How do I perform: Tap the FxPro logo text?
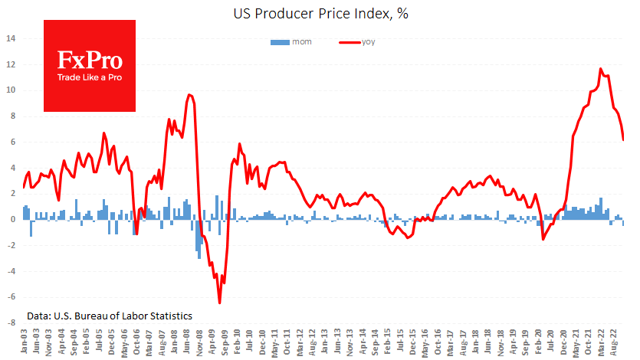click(x=89, y=61)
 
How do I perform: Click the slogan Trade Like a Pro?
click(x=89, y=77)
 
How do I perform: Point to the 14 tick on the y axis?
click(x=11, y=38)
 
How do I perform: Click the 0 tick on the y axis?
click(x=14, y=220)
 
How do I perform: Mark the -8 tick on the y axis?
click(x=11, y=323)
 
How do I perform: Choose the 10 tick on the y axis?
click(x=11, y=90)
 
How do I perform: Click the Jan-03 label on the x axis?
click(x=25, y=342)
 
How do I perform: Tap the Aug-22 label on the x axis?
click(x=615, y=342)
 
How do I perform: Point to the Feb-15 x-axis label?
click(x=389, y=342)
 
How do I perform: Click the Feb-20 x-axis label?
click(x=540, y=342)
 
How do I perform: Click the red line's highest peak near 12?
click(x=601, y=69)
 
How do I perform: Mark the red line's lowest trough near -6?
click(x=220, y=303)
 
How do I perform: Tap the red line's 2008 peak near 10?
click(x=189, y=95)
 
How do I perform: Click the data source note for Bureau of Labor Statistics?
click(x=109, y=316)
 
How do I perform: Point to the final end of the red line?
click(x=623, y=139)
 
